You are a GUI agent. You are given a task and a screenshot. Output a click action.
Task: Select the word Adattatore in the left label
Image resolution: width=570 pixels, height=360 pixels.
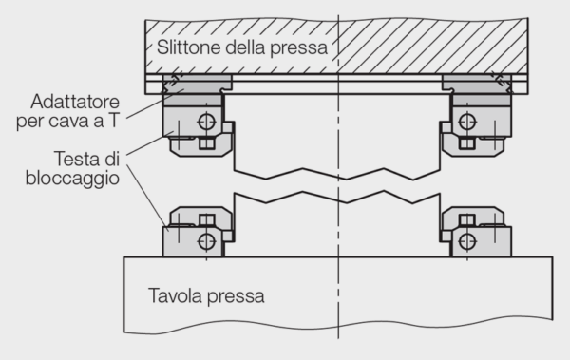75,102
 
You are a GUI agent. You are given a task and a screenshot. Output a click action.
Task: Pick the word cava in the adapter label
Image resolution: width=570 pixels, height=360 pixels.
85,121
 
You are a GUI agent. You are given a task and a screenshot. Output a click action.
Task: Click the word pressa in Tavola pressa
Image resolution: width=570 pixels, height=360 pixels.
236,296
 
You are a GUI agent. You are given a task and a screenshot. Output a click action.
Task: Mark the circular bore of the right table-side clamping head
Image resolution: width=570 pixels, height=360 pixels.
466,239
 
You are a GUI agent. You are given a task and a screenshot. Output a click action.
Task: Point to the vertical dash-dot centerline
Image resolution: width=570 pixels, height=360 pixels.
337,285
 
